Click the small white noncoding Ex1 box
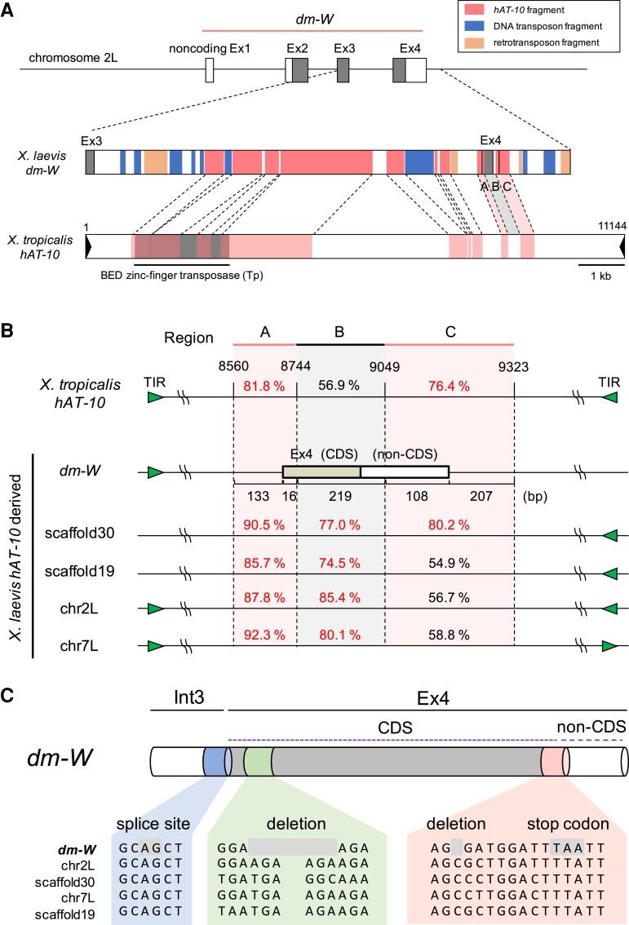[210, 71]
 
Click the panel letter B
[7, 332]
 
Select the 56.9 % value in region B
[340, 385]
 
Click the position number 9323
[514, 368]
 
